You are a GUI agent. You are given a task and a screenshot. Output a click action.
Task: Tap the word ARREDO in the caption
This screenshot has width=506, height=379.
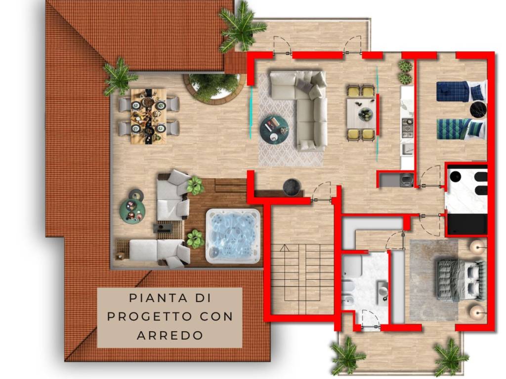point(169,335)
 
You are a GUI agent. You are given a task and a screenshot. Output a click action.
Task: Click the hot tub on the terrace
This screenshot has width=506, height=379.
point(233,235)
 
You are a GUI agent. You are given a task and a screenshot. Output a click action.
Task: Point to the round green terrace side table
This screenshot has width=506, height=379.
point(132,209)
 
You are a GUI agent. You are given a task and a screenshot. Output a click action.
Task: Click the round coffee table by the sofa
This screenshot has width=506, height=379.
point(274,130)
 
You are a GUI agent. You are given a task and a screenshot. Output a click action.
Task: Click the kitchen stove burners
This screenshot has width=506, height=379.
point(407,127)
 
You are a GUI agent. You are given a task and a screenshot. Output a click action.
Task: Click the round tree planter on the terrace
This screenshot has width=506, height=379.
point(214,88)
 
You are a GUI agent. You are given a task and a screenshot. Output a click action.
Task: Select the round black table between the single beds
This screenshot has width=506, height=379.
point(478,110)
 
